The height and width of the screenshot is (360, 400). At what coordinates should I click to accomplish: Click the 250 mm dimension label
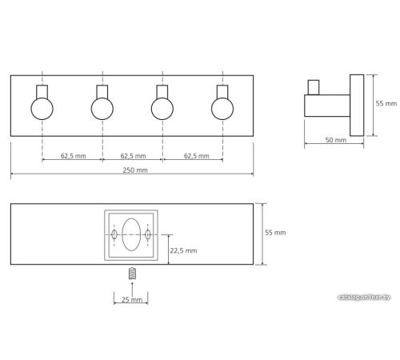(x=135, y=170)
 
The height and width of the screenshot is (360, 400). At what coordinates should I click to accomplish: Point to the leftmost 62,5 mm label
(x=74, y=156)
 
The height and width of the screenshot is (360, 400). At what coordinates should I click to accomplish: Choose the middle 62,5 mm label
(x=133, y=156)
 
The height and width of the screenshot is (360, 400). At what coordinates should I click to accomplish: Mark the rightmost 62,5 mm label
(x=197, y=156)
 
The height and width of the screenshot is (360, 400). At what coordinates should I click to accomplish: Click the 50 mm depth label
(x=336, y=140)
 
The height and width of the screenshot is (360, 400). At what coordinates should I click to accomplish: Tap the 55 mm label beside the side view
(x=386, y=103)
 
